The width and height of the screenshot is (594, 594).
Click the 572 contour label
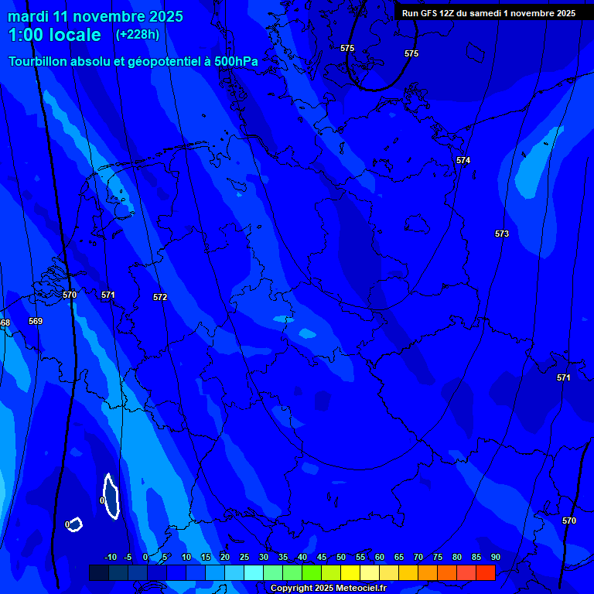[x=160, y=297]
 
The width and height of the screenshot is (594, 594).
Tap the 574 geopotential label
[x=463, y=160]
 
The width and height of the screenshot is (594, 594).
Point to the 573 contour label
[x=502, y=234]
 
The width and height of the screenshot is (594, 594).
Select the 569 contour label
[x=36, y=321]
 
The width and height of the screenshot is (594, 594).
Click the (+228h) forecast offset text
[x=137, y=34]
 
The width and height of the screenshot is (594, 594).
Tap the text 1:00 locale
[x=54, y=35]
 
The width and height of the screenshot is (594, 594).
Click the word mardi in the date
[x=28, y=16]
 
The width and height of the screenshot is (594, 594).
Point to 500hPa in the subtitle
[x=237, y=61]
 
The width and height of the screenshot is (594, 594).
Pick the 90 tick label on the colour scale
[x=495, y=558]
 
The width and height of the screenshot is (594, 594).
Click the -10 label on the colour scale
[x=111, y=558]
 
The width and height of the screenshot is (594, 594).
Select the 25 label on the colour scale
[x=244, y=558]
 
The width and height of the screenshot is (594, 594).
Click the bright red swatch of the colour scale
[x=485, y=572]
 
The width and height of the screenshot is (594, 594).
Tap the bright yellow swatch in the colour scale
[x=350, y=572]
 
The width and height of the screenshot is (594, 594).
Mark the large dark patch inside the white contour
[x=111, y=497]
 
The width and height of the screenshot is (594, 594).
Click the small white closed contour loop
[x=75, y=524]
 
